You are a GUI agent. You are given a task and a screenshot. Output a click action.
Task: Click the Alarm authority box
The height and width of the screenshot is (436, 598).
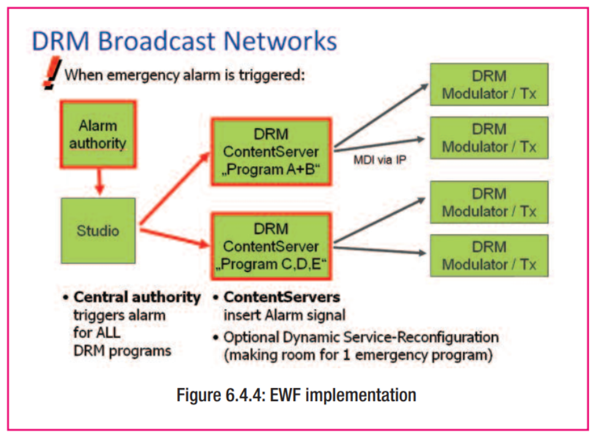click(x=98, y=134)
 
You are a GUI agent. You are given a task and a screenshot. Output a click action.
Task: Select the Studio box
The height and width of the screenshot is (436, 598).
click(x=98, y=231)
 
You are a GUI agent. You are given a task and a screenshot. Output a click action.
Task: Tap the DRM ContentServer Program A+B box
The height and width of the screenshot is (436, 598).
click(x=271, y=152)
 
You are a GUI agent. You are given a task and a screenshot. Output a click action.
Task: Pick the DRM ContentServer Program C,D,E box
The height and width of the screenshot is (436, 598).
click(x=271, y=247)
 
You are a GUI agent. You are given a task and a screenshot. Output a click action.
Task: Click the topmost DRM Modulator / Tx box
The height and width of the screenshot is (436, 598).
click(x=489, y=85)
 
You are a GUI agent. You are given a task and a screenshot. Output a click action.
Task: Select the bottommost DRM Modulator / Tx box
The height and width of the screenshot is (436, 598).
click(x=489, y=256)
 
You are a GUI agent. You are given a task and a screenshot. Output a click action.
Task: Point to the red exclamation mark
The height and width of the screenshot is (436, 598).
click(x=52, y=73)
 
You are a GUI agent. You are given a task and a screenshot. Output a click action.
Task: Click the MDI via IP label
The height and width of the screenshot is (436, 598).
click(x=380, y=160)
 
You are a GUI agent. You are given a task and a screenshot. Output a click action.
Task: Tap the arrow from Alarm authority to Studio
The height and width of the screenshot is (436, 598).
click(x=99, y=182)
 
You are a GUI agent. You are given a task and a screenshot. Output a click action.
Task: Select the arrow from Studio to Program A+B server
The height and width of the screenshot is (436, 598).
click(x=175, y=188)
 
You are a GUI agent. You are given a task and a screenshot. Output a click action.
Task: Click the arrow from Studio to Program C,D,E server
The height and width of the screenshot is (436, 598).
click(x=175, y=237)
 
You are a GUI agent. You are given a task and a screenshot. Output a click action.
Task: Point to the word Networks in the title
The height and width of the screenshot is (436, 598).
click(x=280, y=40)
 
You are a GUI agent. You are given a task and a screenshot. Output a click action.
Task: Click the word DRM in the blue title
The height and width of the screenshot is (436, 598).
click(x=60, y=40)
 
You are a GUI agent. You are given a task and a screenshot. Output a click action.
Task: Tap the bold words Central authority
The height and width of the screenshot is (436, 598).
click(x=137, y=297)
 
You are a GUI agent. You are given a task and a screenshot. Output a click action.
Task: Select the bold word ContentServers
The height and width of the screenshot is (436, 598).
click(x=282, y=297)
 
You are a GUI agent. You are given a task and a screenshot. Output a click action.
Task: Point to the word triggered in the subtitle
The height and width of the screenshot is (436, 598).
click(x=272, y=75)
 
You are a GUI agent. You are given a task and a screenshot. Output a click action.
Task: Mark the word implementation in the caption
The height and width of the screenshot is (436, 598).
click(x=361, y=396)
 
